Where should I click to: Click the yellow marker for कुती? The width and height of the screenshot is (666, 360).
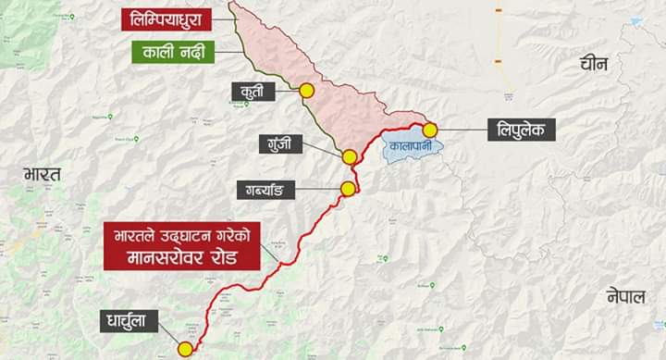[306, 91]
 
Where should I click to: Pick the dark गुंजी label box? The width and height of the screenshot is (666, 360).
[284, 143]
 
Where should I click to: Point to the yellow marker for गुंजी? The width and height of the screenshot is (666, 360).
[349, 157]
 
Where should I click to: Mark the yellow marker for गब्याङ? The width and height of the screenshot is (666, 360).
[348, 190]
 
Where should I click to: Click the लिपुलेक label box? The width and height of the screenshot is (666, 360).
[522, 130]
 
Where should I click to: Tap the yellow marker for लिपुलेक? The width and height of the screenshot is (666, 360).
[430, 130]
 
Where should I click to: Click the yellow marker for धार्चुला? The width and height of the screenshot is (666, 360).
[185, 349]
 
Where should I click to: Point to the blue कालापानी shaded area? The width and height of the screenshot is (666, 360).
[407, 149]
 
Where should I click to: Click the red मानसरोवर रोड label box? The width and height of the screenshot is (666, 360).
[175, 245]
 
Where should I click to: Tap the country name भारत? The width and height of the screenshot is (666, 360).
[43, 174]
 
